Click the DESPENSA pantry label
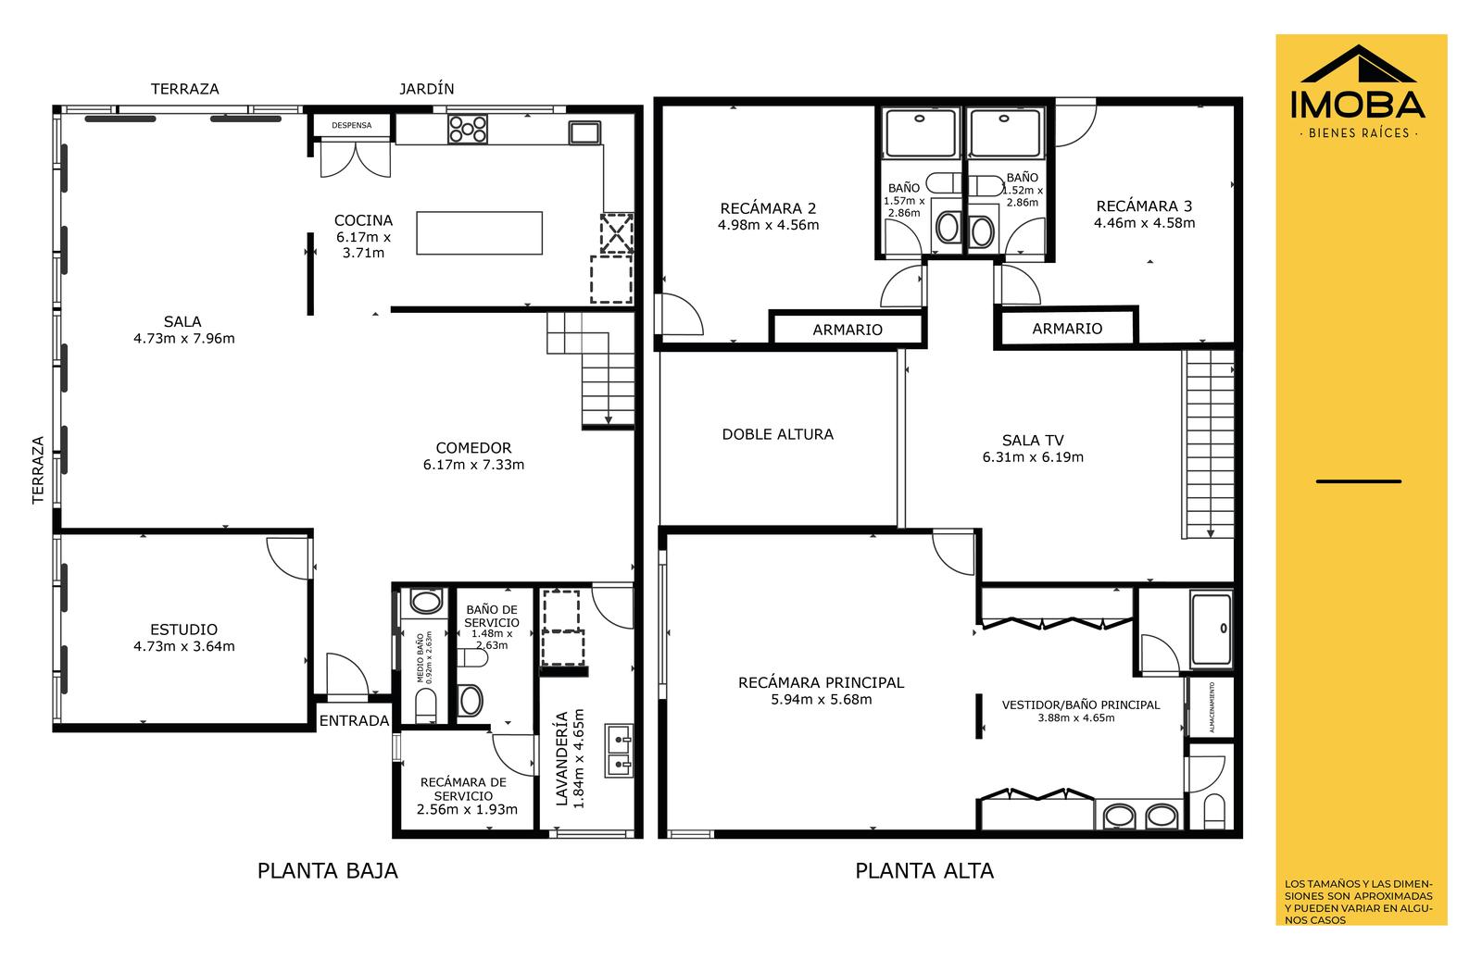point(351,125)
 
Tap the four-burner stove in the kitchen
point(468,129)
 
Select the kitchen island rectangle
point(480,232)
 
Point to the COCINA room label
point(363,220)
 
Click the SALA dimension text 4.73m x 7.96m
point(184,339)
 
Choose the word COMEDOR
point(473,448)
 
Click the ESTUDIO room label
point(184,630)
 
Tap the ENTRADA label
point(354,720)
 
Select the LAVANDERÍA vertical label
point(561,758)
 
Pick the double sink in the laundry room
point(619,751)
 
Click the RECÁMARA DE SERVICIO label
point(463,789)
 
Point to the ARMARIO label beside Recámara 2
point(848,330)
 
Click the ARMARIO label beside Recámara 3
point(1067,329)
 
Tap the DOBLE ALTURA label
point(777,434)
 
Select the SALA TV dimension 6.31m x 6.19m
point(1033,457)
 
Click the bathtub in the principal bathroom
point(1212,628)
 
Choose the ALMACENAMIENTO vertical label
point(1212,707)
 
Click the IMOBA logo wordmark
point(1358,106)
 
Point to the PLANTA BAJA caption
point(328,871)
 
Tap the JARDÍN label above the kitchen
point(427,89)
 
